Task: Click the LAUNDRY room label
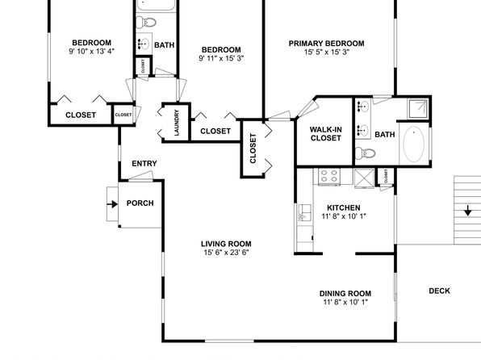177,123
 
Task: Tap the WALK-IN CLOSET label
325,134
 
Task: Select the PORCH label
140,203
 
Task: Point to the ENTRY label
144,164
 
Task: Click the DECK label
439,291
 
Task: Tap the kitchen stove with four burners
328,177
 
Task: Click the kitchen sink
305,212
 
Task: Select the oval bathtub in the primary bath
414,144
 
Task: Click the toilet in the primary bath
366,153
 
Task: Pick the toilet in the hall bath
146,22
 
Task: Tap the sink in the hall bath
144,44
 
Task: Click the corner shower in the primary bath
418,108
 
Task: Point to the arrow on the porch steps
112,204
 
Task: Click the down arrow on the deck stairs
467,211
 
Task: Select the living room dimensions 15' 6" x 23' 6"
226,253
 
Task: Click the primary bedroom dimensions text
327,52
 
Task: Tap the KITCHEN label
344,207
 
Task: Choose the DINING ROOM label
345,293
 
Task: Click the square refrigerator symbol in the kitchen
364,178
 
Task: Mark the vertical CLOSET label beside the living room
253,149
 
